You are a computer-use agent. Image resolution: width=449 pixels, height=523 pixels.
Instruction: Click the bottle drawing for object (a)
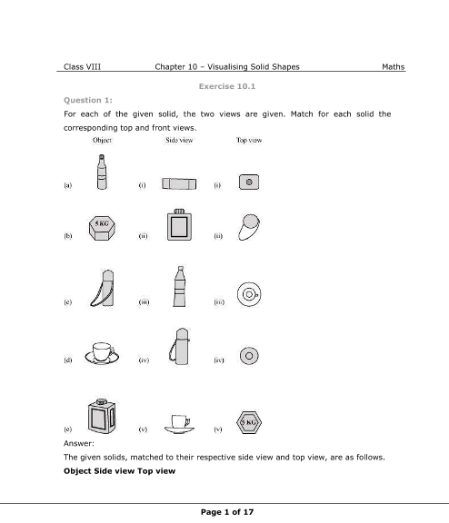[102, 172]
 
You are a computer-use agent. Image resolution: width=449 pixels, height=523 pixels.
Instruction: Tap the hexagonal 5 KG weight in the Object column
[102, 228]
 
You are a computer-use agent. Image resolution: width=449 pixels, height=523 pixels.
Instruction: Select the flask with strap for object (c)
[103, 288]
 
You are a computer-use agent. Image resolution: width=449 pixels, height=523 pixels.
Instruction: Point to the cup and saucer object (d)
[102, 353]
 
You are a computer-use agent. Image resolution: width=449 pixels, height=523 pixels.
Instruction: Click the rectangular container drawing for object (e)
[102, 416]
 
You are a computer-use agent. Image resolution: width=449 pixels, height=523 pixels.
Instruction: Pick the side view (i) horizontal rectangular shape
[179, 183]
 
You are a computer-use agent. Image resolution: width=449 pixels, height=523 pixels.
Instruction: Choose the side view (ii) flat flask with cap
[180, 225]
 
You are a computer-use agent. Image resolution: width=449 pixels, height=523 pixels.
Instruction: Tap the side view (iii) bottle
[180, 286]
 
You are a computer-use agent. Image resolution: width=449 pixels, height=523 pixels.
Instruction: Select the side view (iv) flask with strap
[179, 346]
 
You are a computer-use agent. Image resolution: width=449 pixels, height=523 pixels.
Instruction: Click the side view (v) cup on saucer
[179, 424]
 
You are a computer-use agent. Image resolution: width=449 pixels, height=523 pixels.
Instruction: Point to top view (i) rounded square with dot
[249, 183]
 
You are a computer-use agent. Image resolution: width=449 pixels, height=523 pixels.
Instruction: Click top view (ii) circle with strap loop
[249, 227]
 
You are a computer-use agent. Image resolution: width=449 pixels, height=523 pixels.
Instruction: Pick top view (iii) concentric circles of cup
[249, 294]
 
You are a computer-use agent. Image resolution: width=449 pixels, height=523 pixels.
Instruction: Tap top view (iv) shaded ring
[249, 356]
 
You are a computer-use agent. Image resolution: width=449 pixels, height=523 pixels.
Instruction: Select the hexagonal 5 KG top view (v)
[249, 422]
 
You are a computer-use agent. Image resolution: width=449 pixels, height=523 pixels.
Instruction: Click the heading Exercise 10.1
[227, 86]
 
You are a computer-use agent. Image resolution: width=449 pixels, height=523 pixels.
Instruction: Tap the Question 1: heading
[88, 100]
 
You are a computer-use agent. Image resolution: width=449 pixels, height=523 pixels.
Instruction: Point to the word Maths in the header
[394, 66]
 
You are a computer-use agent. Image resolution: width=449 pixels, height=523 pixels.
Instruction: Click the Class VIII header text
[82, 66]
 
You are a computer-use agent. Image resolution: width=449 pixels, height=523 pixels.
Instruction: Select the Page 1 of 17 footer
[227, 512]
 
